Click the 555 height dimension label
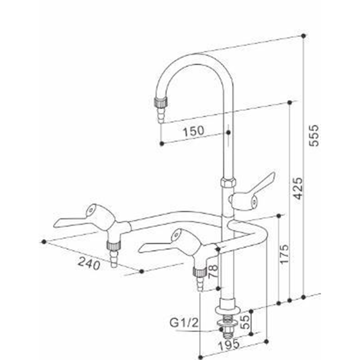coord(314,135)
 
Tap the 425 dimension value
coord(298,188)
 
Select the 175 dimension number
coord(284,254)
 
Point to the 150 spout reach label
coord(193,131)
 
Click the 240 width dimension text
coord(89,263)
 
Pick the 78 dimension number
coord(213,271)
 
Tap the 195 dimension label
coord(229,345)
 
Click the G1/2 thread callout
coord(184,323)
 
